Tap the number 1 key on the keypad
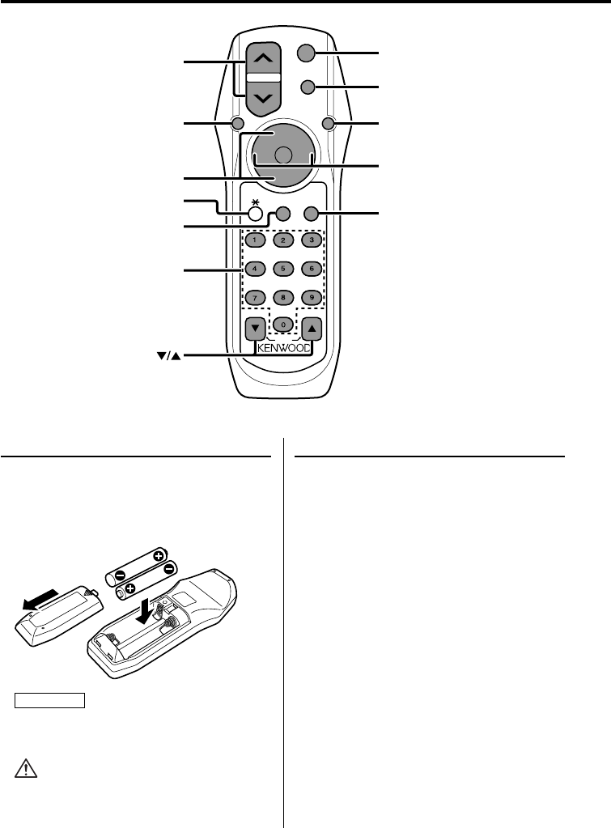255,240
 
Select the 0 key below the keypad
282,325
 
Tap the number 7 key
255,296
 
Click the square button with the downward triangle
255,329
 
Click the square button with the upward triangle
312,329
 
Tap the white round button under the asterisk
255,214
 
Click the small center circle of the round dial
282,155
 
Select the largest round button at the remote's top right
305,53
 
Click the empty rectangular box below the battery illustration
50,700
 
